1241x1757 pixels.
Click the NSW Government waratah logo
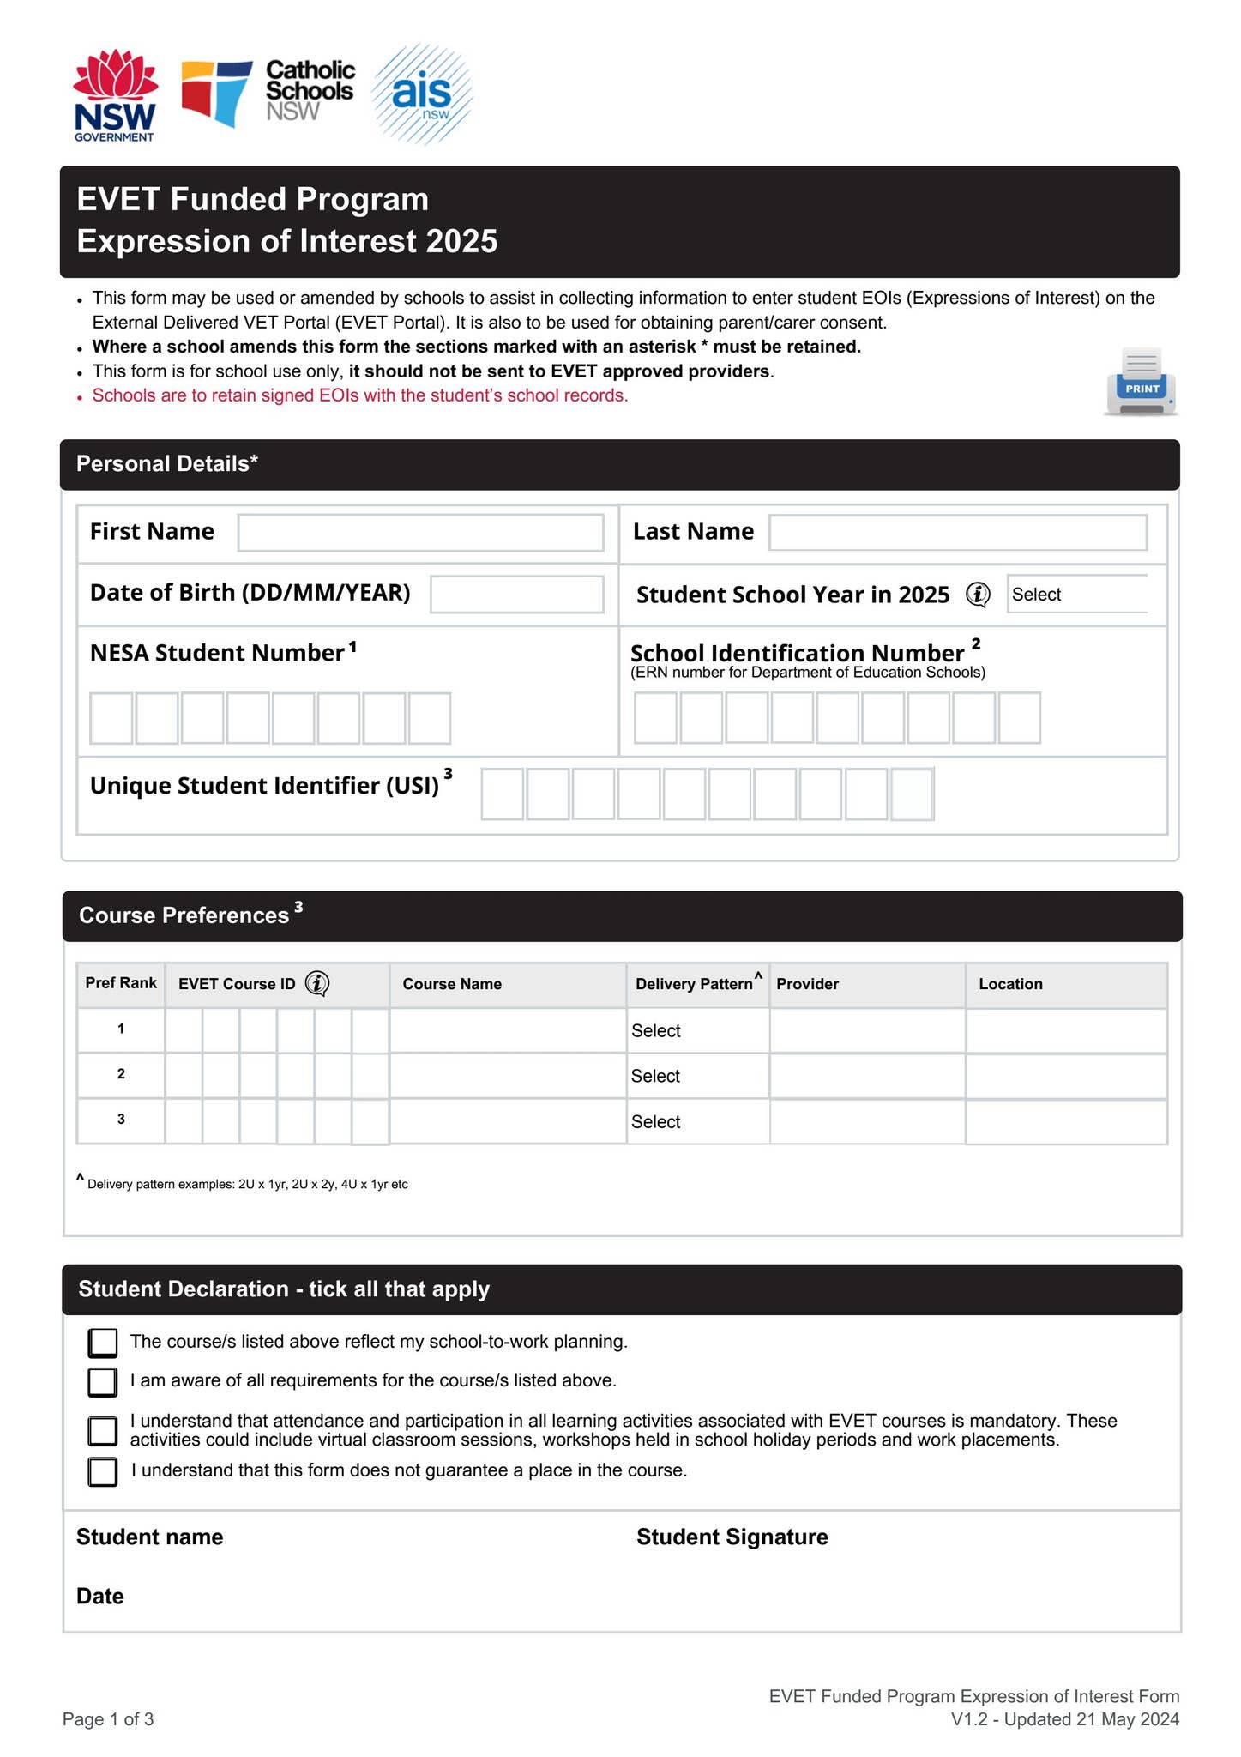[115, 94]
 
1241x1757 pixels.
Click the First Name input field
[420, 533]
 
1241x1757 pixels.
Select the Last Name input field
[957, 533]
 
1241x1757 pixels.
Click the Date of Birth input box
[516, 594]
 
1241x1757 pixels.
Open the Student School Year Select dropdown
[1077, 595]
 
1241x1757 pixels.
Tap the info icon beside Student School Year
[978, 595]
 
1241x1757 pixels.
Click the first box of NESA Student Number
[111, 718]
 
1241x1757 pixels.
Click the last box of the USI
[912, 794]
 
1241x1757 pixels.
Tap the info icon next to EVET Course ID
[317, 984]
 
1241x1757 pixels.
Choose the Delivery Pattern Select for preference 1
[697, 1031]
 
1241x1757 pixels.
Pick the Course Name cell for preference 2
[508, 1076]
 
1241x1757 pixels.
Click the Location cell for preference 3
[1066, 1121]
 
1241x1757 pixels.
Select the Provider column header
[808, 984]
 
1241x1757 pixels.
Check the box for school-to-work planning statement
[103, 1343]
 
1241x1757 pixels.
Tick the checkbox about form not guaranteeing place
[103, 1472]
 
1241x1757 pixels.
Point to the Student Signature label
[732, 1537]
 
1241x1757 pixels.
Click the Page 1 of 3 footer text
[108, 1719]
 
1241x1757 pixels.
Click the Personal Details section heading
[167, 464]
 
